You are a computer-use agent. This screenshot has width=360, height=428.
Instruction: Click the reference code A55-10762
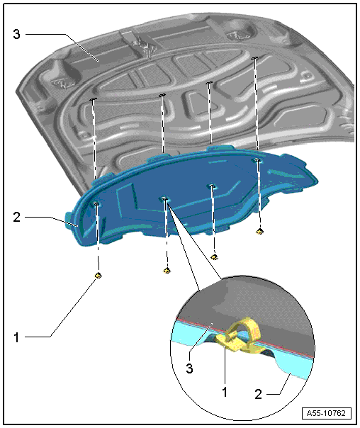coord(327,413)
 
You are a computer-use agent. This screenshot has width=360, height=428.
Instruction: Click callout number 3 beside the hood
coord(16,35)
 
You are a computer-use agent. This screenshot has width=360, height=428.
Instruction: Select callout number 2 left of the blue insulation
coord(16,217)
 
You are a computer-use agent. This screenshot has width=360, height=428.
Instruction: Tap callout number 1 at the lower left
coord(16,337)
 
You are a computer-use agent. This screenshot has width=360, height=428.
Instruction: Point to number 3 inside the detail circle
coord(189,368)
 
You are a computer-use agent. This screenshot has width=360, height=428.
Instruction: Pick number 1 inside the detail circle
coord(225,392)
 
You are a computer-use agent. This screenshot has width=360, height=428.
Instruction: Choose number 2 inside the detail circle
coord(258,394)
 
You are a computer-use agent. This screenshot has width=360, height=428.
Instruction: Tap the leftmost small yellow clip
coord(99,275)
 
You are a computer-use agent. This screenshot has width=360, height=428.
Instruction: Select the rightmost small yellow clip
coord(260,232)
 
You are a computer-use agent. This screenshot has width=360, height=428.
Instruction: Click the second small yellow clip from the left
coord(167,271)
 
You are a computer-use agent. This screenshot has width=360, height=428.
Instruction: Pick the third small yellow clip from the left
coord(215,257)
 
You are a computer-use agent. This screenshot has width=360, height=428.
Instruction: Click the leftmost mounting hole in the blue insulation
coord(96,203)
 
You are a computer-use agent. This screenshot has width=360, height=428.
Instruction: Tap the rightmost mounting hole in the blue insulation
coord(257,160)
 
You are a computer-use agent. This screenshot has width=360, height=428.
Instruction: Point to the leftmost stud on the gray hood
coord(93,99)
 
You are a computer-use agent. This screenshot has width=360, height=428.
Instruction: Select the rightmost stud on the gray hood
coord(254,58)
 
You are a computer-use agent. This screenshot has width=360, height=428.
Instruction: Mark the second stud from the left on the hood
coord(162,95)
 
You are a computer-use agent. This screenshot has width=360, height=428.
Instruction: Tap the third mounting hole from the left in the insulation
coord(212,186)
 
